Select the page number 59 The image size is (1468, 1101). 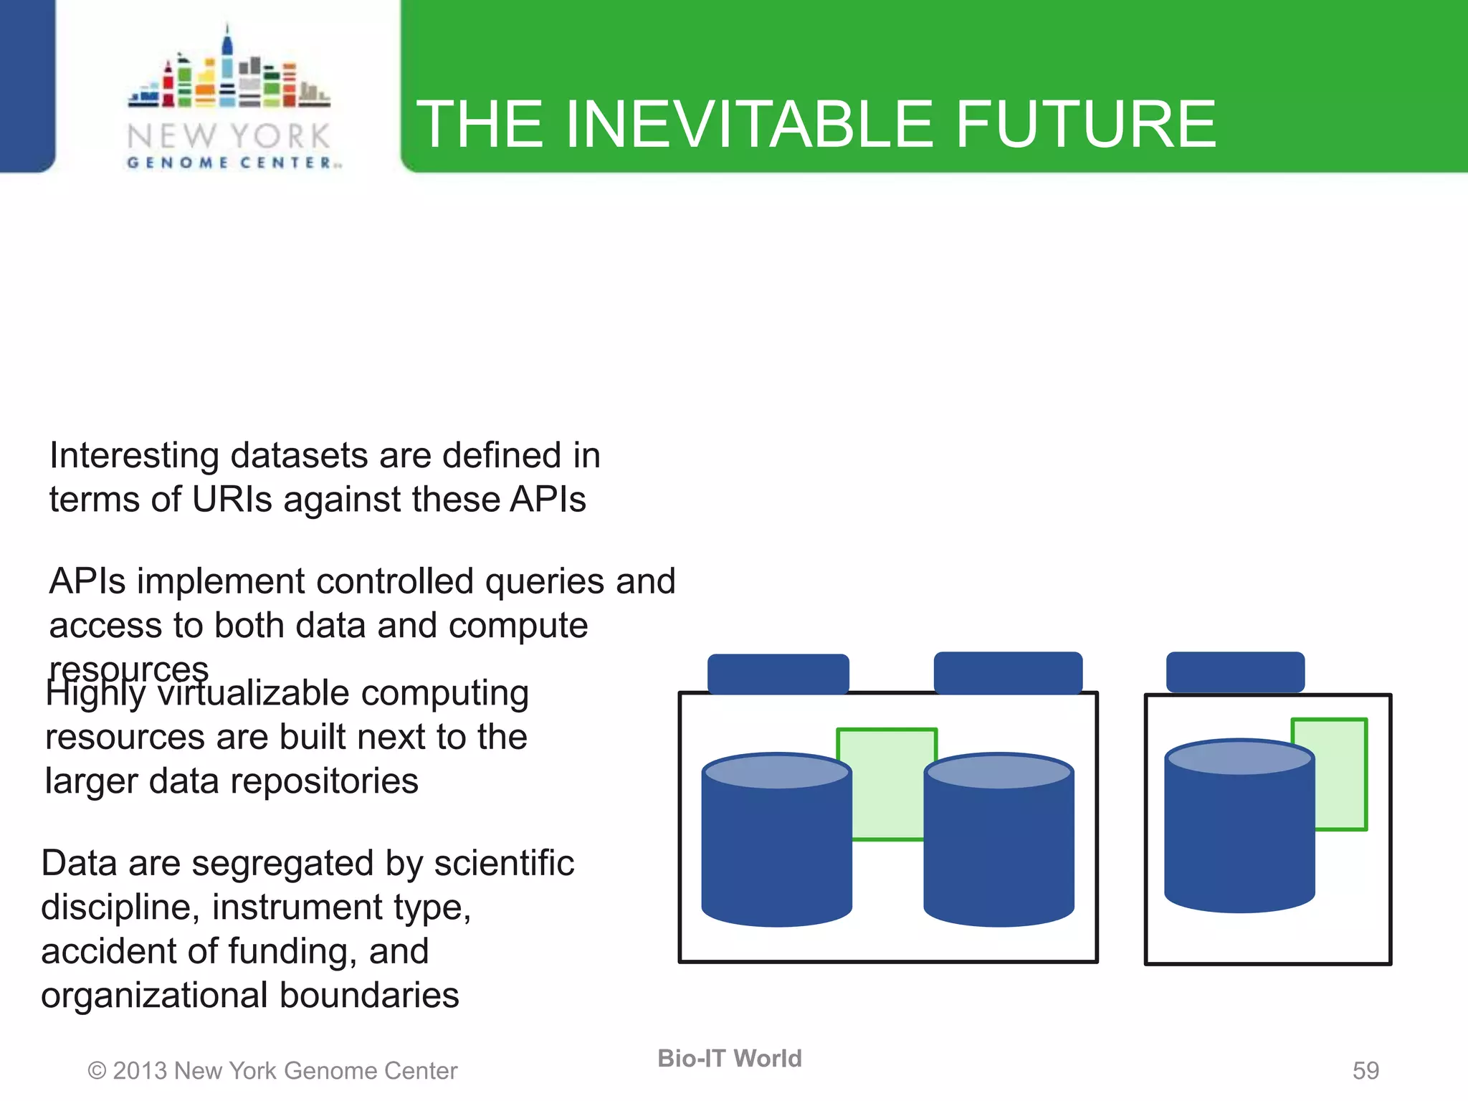[1365, 1070]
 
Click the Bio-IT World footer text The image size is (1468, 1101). [729, 1058]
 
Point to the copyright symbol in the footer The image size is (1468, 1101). [97, 1071]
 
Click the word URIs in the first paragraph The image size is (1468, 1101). [232, 499]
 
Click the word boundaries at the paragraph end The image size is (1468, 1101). [368, 995]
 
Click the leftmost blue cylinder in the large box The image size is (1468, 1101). [776, 846]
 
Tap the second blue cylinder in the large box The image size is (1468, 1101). [998, 846]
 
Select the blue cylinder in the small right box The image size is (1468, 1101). [1239, 831]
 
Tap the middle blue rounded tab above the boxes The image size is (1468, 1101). [1007, 672]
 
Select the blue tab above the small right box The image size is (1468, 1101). [1234, 671]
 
